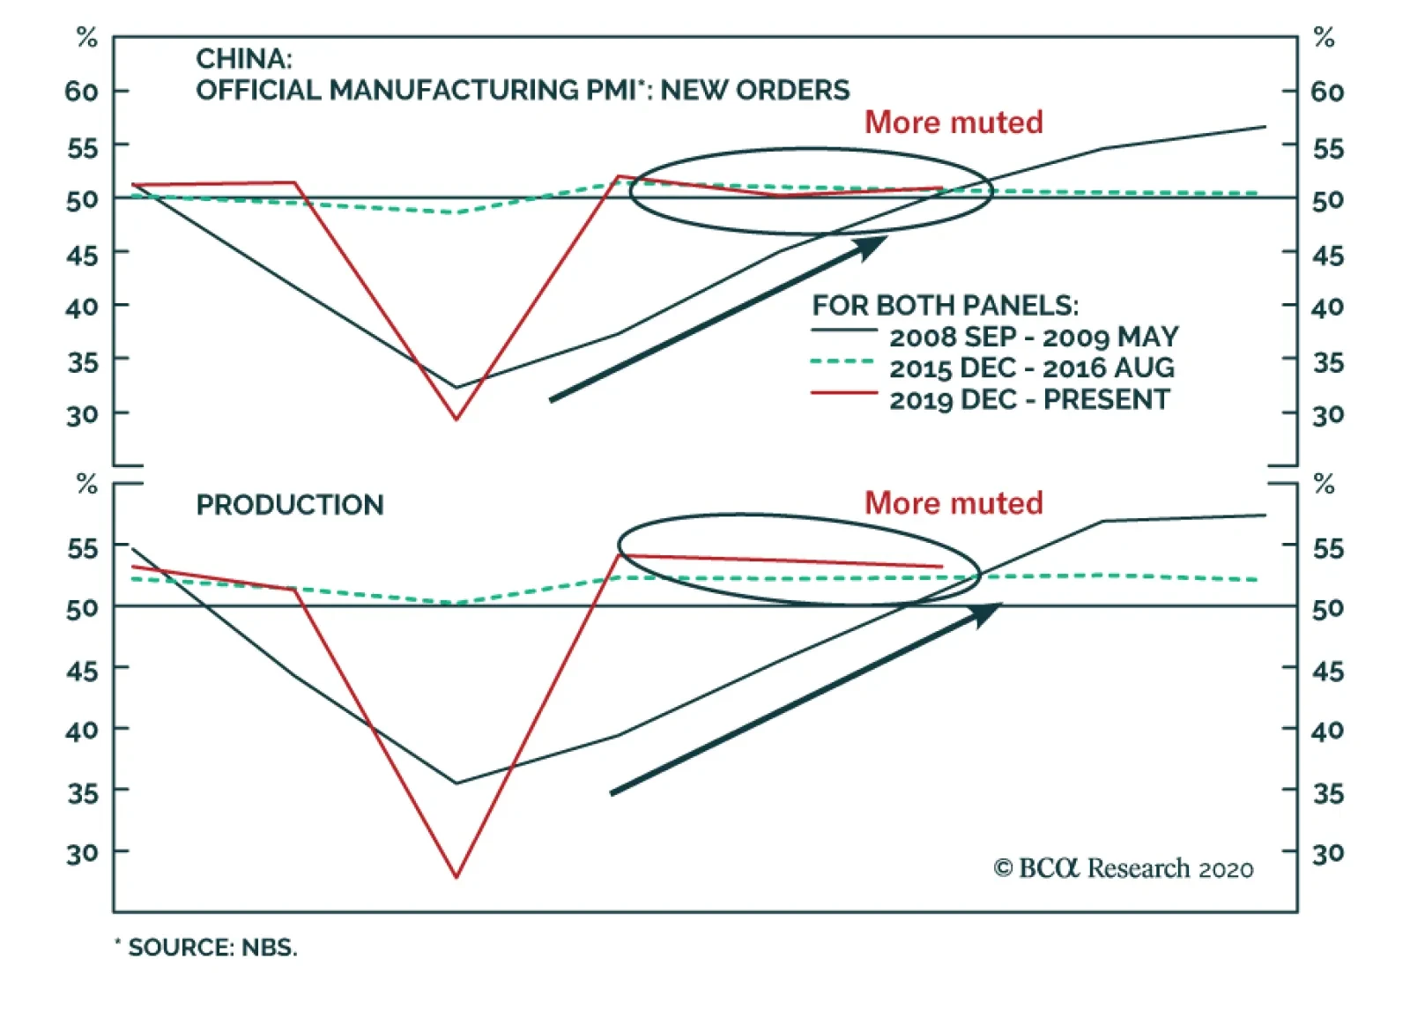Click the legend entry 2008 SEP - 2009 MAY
[x=1033, y=337]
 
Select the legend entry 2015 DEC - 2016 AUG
[x=1031, y=368]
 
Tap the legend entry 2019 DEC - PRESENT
[x=1029, y=399]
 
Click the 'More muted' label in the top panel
[x=954, y=122]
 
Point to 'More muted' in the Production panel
[x=954, y=502]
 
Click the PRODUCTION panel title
[x=290, y=505]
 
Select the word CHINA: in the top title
[x=244, y=58]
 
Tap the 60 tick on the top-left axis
[x=82, y=92]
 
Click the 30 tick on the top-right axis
[x=1328, y=415]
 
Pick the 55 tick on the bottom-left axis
[x=82, y=548]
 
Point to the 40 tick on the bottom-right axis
[x=1328, y=731]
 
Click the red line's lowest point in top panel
[x=456, y=419]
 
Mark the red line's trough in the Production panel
[x=456, y=877]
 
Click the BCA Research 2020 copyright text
[x=1124, y=869]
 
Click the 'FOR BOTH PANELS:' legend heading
[x=945, y=306]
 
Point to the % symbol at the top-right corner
[x=1324, y=37]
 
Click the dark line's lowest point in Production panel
[x=456, y=783]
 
